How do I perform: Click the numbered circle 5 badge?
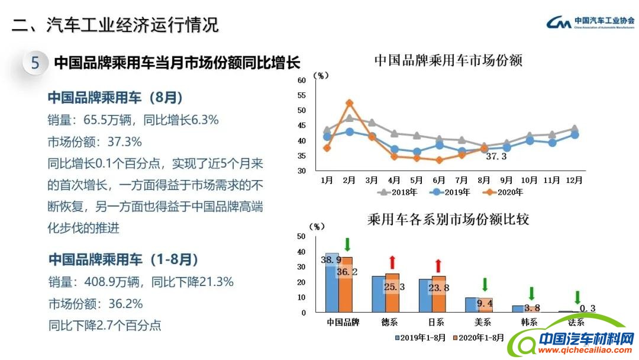pyautogui.click(x=35, y=63)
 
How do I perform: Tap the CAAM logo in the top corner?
pyautogui.click(x=589, y=22)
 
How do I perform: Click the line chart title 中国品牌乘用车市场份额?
pyautogui.click(x=448, y=61)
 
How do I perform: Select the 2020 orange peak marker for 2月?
pyautogui.click(x=349, y=103)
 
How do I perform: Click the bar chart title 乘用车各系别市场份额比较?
pyautogui.click(x=448, y=220)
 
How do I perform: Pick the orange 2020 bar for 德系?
pyautogui.click(x=392, y=292)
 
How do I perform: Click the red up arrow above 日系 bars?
pyautogui.click(x=438, y=265)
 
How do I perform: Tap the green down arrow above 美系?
pyautogui.click(x=485, y=285)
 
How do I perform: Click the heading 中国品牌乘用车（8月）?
pyautogui.click(x=115, y=97)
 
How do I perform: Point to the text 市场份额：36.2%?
pyautogui.click(x=95, y=304)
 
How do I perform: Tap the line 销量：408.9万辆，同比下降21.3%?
pyautogui.click(x=140, y=282)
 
